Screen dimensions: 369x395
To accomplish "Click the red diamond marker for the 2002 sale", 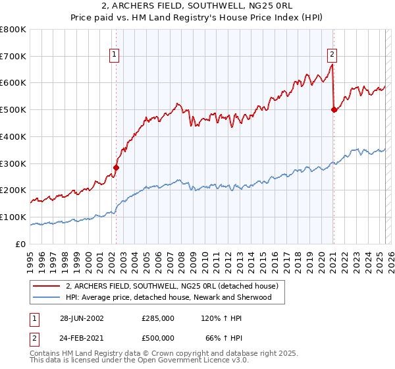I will (x=117, y=167).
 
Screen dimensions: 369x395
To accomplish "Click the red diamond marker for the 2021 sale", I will (x=334, y=109).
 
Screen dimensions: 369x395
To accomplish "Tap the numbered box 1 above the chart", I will (x=115, y=55).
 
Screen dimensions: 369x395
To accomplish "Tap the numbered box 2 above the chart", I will (x=332, y=55).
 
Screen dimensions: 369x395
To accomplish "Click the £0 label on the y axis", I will (x=20, y=244).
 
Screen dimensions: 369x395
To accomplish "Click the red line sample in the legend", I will (x=47, y=287).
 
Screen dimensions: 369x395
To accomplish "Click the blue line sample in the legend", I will (x=47, y=298).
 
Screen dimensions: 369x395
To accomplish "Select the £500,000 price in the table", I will (x=158, y=338).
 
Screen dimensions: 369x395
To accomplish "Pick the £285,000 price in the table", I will (x=158, y=318).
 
